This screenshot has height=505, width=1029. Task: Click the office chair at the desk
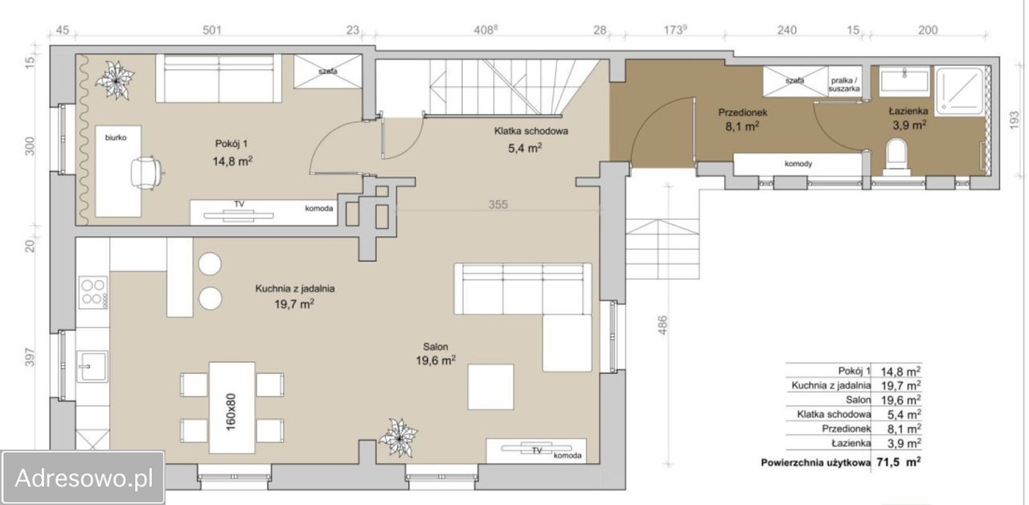tap(146, 173)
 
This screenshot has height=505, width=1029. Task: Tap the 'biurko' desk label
tap(116, 137)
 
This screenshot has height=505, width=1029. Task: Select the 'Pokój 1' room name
tap(232, 144)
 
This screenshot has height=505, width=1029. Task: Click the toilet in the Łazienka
tap(896, 157)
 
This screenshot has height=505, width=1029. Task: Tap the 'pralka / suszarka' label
tap(844, 85)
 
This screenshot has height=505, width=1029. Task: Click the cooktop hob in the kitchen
tap(92, 292)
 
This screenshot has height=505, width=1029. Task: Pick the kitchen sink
tap(92, 366)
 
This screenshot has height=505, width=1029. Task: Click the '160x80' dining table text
tap(231, 411)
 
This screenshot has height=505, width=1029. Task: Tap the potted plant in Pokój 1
tap(114, 80)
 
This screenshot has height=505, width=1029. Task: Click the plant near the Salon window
tap(398, 438)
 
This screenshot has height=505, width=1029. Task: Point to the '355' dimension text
tap(498, 205)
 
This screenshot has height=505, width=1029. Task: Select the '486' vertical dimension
tap(662, 324)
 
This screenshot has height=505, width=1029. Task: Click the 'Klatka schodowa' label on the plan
tap(531, 131)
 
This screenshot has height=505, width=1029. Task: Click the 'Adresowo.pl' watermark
tap(84, 479)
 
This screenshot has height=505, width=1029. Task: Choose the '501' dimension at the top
tap(212, 31)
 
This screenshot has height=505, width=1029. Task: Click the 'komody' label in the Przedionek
tap(798, 164)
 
